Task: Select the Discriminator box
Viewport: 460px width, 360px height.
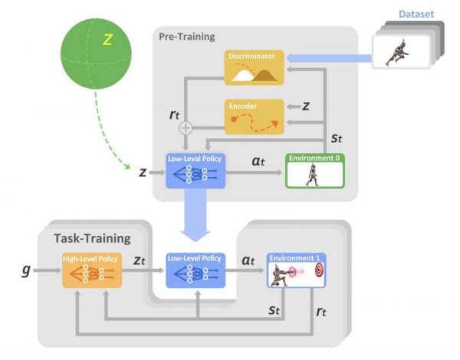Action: pos(254,67)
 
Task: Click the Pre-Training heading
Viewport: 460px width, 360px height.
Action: pos(187,36)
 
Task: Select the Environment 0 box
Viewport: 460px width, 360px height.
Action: pos(315,171)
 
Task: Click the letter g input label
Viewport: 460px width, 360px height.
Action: pos(26,270)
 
